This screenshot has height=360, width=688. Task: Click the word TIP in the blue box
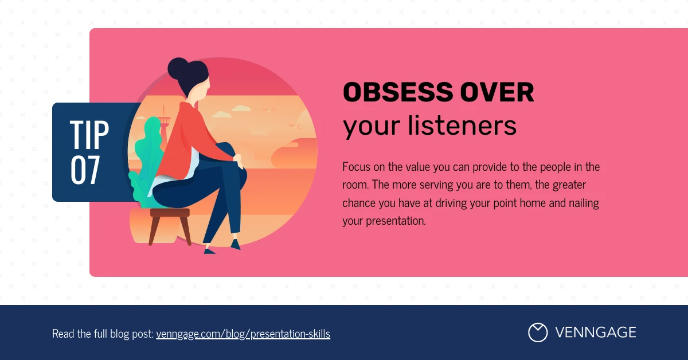[89, 135]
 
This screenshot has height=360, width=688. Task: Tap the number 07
[85, 170]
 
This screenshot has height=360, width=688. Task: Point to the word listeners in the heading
[462, 127]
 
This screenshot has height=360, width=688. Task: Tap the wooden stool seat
[170, 213]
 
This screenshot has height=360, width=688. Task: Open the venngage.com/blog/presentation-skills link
[243, 334]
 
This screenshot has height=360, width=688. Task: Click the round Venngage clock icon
[537, 332]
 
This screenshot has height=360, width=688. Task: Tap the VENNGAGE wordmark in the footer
[595, 332]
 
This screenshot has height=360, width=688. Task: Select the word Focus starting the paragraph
[355, 167]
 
